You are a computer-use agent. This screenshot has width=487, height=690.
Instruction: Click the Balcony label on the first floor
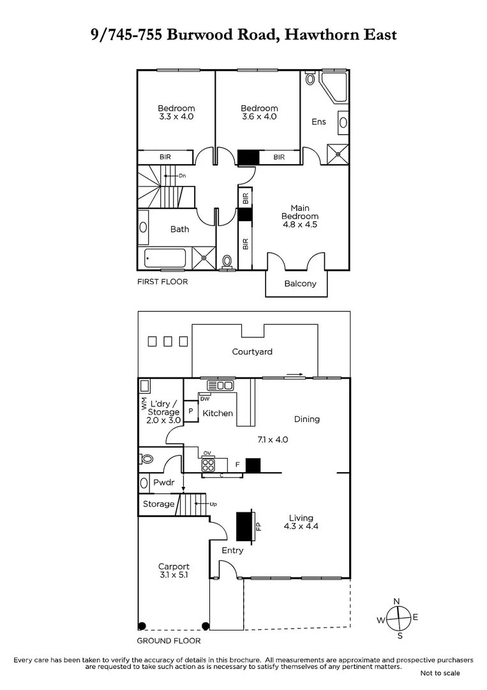[x=299, y=284]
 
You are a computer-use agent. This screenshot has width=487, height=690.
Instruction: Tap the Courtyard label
[x=252, y=351]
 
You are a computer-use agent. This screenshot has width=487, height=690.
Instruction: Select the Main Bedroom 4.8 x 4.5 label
[x=299, y=216]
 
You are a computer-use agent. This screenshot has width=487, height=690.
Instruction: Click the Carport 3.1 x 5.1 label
[x=174, y=571]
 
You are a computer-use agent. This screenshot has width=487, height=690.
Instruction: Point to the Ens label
[x=318, y=121]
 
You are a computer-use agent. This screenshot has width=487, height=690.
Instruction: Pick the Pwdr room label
[x=163, y=483]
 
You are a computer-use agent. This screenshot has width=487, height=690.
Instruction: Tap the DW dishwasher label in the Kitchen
[x=205, y=399]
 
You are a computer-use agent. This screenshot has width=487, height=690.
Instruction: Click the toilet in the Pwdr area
[x=147, y=459]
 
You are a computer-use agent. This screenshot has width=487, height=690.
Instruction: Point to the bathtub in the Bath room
[x=165, y=259]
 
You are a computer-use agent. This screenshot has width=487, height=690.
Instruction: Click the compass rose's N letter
[x=396, y=601]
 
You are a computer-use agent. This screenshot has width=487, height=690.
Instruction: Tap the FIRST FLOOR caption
[x=163, y=282]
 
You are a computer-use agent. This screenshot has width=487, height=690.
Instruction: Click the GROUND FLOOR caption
[x=169, y=641]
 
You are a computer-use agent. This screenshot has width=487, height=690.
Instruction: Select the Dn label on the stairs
[x=182, y=175]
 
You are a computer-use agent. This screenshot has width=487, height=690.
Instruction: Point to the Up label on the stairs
[x=213, y=504]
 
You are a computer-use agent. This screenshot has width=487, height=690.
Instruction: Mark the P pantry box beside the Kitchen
[x=190, y=411]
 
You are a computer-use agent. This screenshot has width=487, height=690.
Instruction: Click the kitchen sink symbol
[x=220, y=385]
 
